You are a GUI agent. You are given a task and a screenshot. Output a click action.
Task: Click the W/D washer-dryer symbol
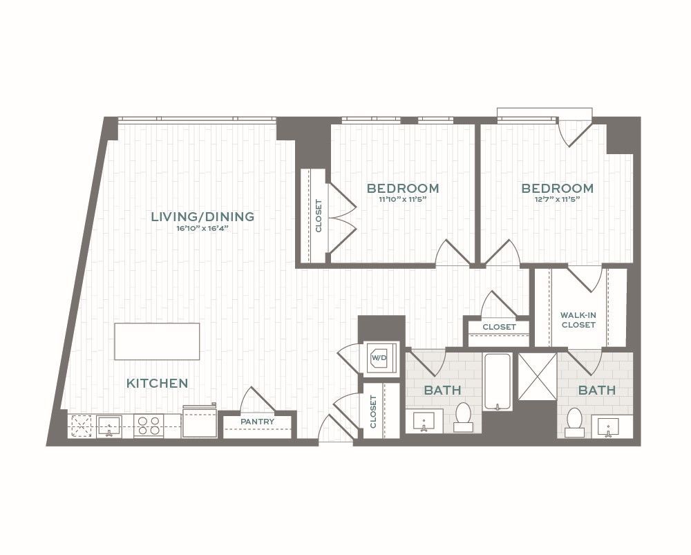click(x=379, y=357)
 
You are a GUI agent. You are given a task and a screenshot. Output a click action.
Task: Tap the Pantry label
click(x=257, y=422)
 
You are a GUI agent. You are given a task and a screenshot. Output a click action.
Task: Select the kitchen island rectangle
click(x=157, y=341)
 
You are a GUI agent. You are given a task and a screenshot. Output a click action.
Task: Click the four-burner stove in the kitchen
click(x=149, y=426)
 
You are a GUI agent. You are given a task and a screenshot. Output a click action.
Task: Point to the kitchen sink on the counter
click(x=108, y=426)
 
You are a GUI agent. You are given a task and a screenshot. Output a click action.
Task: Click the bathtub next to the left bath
click(x=497, y=382)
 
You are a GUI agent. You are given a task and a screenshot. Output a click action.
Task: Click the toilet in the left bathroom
click(x=463, y=417)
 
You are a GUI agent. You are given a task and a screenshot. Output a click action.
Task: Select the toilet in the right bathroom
click(x=574, y=422)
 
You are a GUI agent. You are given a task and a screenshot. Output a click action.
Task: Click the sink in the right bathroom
click(x=608, y=426)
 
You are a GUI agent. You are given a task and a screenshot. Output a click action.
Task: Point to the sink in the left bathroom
click(x=424, y=421)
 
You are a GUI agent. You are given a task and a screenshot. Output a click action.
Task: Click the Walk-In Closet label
click(x=578, y=320)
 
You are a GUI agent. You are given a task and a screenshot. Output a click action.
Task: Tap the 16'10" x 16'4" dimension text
click(x=202, y=228)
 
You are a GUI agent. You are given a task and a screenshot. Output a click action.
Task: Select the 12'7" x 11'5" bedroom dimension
click(x=558, y=199)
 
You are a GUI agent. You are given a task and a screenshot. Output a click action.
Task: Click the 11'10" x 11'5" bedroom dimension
click(x=403, y=199)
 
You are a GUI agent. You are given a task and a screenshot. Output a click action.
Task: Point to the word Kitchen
click(x=158, y=383)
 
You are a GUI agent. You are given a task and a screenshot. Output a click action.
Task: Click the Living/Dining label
click(x=202, y=216)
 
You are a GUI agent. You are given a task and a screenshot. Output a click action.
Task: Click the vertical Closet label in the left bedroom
click(x=319, y=216)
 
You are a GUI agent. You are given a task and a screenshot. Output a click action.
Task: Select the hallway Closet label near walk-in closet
click(x=499, y=327)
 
